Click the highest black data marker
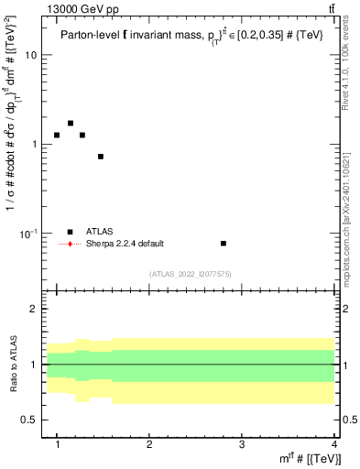71,123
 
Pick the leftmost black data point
57,135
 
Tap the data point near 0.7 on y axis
101,157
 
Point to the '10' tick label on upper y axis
30,55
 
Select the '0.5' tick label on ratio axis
30,420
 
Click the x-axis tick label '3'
241,444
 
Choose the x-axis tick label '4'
333,444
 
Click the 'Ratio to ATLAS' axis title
12,365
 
